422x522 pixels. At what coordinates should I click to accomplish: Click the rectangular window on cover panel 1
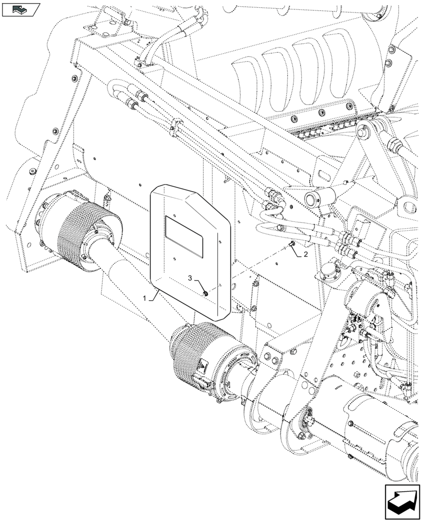pyautogui.click(x=184, y=236)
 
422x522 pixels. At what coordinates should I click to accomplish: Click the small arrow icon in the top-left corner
pyautogui.click(x=21, y=9)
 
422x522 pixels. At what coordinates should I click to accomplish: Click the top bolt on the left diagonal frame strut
pyautogui.click(x=75, y=78)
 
